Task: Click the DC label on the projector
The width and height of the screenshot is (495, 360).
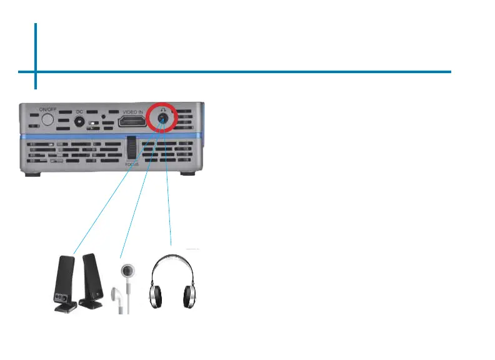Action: [79, 112]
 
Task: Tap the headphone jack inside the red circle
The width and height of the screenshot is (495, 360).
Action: [162, 122]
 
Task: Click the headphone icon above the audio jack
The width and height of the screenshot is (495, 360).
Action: [162, 110]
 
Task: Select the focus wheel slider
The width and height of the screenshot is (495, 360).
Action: [132, 148]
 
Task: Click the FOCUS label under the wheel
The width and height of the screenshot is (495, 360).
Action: [132, 164]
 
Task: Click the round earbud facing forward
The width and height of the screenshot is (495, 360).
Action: [128, 271]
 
